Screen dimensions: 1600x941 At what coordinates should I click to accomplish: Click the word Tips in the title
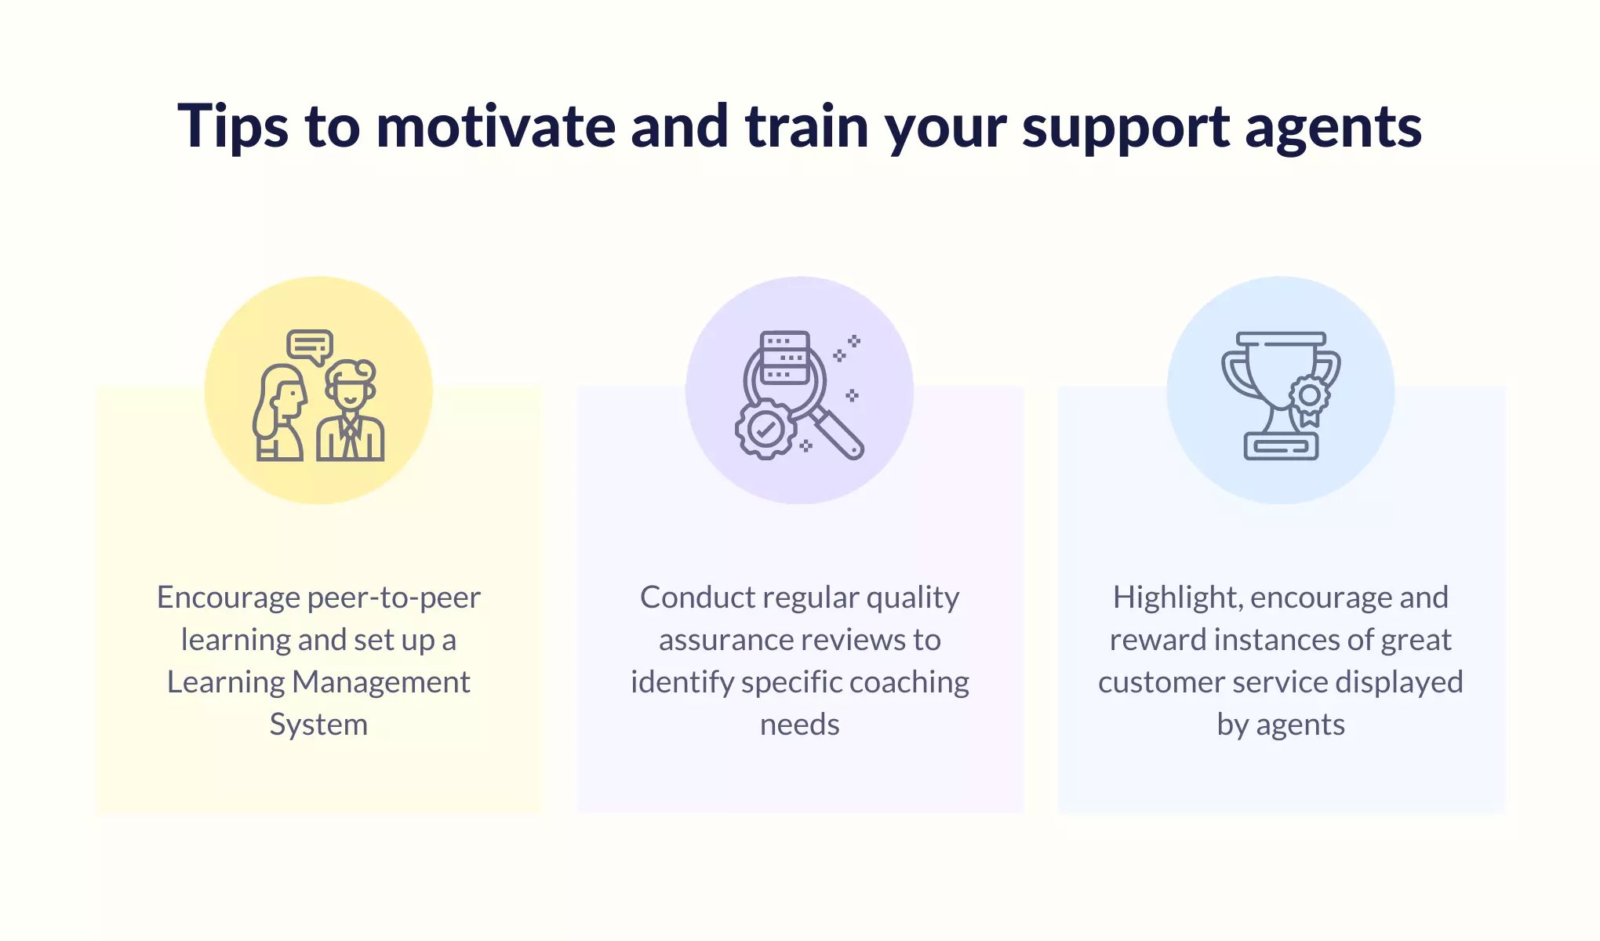[233, 127]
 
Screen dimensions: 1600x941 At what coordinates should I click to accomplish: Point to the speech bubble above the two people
[310, 346]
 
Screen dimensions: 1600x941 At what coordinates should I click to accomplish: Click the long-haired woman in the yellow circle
[279, 412]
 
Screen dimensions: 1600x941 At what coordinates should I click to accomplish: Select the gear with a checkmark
[765, 429]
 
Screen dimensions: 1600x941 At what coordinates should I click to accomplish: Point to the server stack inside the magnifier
[785, 358]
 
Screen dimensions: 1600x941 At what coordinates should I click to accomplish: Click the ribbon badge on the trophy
[1309, 400]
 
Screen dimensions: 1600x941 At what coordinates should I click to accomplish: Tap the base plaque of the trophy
[1281, 446]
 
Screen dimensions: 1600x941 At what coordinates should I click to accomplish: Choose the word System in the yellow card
[318, 725]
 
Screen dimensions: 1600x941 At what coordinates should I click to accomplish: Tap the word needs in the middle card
[800, 725]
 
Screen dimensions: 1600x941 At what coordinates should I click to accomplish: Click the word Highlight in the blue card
[1178, 598]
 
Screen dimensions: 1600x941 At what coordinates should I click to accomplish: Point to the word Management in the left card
[381, 682]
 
